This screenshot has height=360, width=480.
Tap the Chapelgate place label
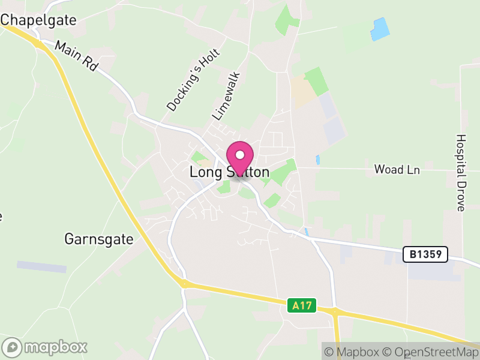[39, 20]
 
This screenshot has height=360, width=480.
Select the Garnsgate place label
[98, 239]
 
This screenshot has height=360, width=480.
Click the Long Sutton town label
[229, 172]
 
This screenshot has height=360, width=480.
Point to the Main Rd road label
[76, 56]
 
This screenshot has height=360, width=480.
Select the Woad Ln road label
[397, 170]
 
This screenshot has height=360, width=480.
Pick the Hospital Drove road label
[461, 172]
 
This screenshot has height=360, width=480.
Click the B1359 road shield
[425, 254]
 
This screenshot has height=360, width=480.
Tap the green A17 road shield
[302, 305]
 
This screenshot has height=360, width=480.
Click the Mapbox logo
[45, 347]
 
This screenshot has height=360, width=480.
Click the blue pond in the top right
[380, 29]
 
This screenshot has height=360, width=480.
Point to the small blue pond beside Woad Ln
[317, 160]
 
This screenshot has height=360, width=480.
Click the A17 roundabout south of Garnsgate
[182, 283]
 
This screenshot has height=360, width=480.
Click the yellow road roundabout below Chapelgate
[40, 44]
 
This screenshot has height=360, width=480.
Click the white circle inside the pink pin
[240, 155]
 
